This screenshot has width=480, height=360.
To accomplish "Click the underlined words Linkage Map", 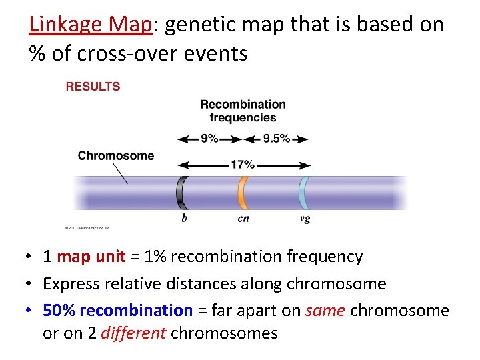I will tap(91, 25).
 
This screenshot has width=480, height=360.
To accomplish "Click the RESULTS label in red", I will tap(93, 87).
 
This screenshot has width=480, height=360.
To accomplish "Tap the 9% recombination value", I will tap(209, 139).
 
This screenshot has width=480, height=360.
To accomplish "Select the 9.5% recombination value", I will tap(276, 139).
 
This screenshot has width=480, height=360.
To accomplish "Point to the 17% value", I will tap(243, 165).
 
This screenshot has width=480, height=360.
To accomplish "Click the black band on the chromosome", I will tap(181, 193).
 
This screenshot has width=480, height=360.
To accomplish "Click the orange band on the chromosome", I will tap(243, 193).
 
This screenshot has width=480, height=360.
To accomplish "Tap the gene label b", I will tap(184, 219).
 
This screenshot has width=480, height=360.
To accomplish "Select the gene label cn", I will tap(243, 219).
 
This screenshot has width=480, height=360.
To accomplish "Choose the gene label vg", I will tap(305, 219).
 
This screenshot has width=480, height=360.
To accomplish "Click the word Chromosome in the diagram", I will tap(115, 156).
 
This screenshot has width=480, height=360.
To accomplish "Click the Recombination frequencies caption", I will tap(243, 111).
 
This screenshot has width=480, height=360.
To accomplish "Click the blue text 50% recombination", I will tap(117, 311).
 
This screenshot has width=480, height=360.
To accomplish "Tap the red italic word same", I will tap(325, 311).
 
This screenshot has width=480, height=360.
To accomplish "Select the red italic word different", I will tap(133, 333).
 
